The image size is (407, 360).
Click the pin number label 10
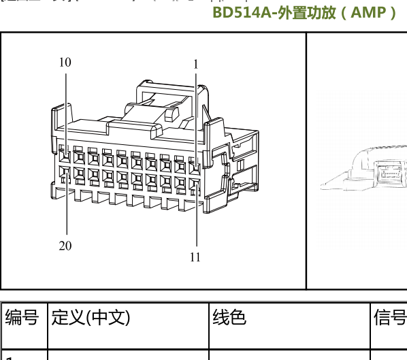[65, 62]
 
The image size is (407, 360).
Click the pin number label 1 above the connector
[196, 64]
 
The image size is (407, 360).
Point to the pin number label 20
[65, 246]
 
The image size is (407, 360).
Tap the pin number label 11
[195, 257]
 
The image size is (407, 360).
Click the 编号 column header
[22, 317]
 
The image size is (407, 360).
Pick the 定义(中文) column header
[91, 317]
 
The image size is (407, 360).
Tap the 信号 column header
[390, 317]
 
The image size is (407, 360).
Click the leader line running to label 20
[67, 211]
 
